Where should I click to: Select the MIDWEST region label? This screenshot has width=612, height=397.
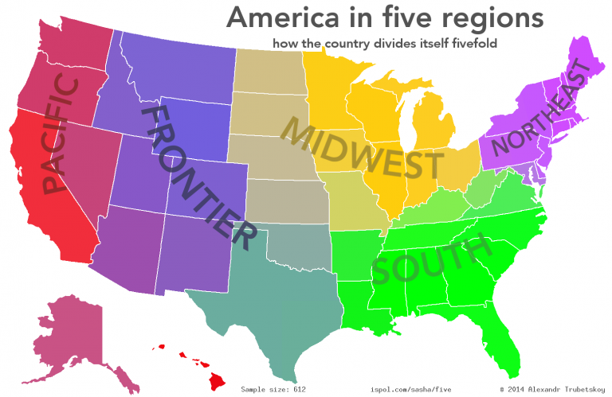[363, 151]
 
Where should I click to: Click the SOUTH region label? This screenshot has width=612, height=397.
[431, 259]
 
